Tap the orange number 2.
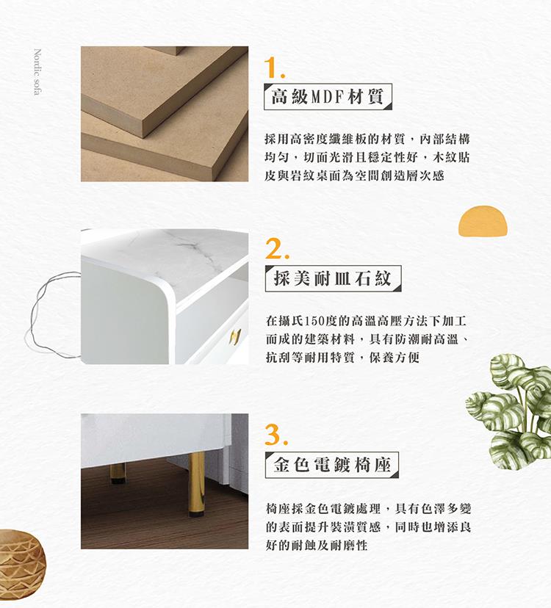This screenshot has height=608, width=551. [277, 248]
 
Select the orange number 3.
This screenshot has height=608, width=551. [277, 435]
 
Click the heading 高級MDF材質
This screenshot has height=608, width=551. [327, 96]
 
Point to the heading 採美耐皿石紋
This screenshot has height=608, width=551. [333, 278]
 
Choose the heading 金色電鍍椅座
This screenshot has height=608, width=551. [331, 465]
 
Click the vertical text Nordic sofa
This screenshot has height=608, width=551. [37, 72]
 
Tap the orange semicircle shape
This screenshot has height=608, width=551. [483, 221]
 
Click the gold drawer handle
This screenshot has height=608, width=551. [235, 336]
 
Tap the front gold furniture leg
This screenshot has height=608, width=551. [197, 485]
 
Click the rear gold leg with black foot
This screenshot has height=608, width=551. [118, 473]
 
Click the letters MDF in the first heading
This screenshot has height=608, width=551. [328, 97]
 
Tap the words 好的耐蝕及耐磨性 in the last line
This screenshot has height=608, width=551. [316, 545]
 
